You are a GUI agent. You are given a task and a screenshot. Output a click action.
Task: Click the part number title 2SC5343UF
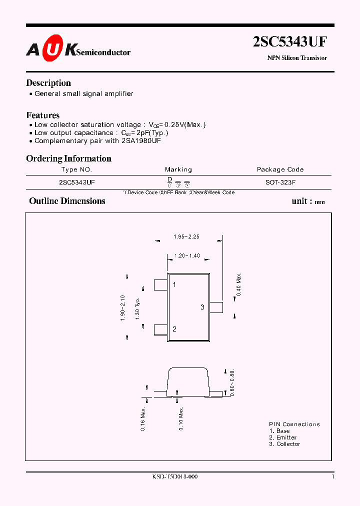tap(290, 41)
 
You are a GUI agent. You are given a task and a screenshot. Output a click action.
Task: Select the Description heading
tap(48, 83)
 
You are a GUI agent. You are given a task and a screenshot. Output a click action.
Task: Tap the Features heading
tap(43, 115)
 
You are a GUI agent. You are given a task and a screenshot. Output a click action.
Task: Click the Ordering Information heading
tap(68, 158)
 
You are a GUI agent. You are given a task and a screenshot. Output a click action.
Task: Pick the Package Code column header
tap(280, 169)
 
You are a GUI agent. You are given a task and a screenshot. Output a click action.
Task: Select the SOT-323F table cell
tap(280, 182)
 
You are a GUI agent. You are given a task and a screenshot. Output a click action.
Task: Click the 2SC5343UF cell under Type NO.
tap(76, 182)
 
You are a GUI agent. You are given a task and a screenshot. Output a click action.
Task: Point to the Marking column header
tap(178, 169)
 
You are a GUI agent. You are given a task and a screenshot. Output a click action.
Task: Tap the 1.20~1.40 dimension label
tap(187, 255)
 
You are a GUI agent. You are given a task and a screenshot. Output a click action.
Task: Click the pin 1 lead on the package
tap(160, 285)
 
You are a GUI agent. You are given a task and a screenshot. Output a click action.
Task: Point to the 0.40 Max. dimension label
tap(239, 284)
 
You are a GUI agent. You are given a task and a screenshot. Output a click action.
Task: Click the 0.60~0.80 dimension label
tap(232, 382)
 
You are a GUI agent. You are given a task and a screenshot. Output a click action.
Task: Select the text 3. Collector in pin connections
tap(284, 444)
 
